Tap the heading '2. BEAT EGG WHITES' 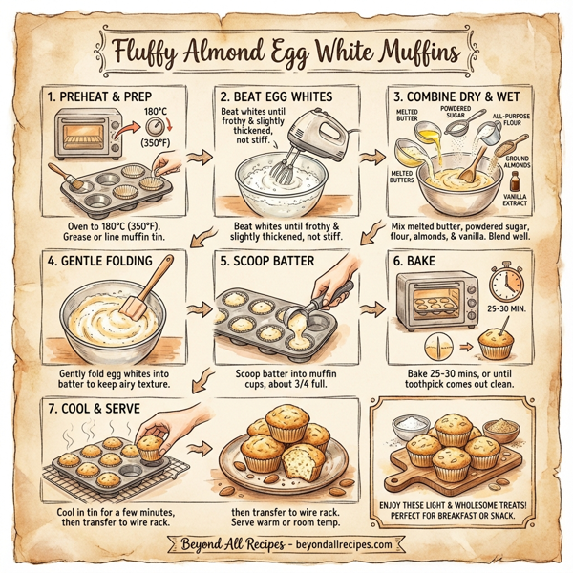[x=277, y=96]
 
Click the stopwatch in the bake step [x=502, y=280]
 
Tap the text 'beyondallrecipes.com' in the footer [x=330, y=544]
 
